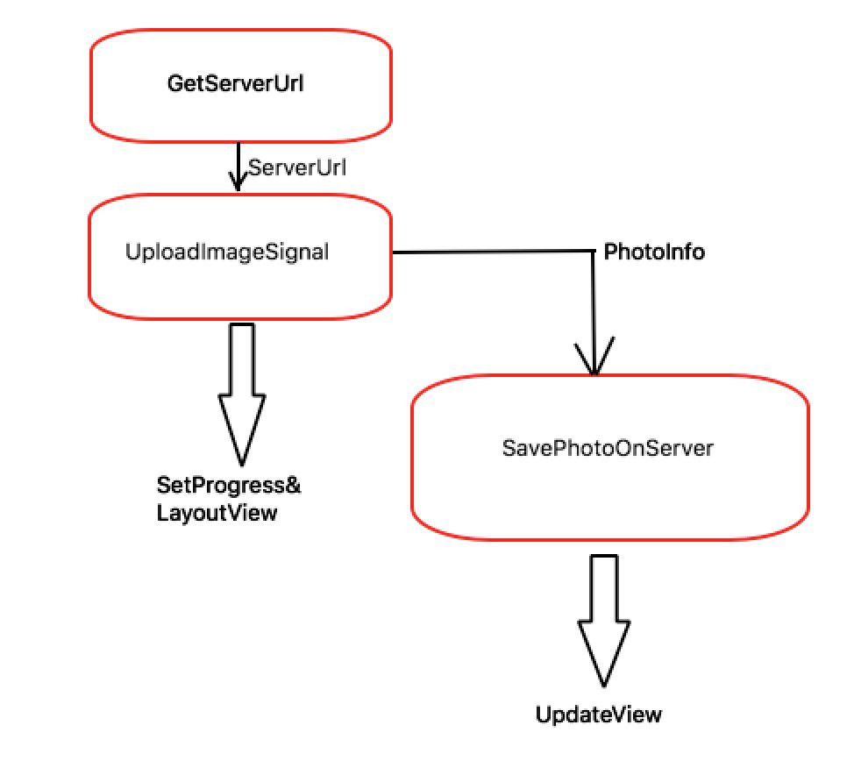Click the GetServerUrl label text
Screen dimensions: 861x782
click(x=235, y=83)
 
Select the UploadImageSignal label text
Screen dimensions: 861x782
click(x=227, y=252)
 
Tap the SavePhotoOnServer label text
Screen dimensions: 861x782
click(x=608, y=448)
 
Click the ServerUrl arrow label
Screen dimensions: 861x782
click(x=297, y=167)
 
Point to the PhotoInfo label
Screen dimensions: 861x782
click(x=654, y=252)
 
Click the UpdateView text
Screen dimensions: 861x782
click(x=599, y=714)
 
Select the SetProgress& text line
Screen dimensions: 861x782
click(x=229, y=485)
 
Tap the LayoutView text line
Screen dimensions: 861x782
click(x=217, y=513)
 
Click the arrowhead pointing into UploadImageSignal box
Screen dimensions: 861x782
click(x=238, y=181)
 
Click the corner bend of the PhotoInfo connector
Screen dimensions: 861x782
click(x=593, y=252)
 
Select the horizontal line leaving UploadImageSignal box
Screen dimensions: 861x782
click(x=493, y=252)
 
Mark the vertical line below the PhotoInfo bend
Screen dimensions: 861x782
click(x=594, y=313)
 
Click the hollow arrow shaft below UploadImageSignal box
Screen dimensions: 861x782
click(x=242, y=359)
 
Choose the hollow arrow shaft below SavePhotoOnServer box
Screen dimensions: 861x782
click(x=604, y=588)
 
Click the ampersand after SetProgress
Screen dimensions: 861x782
click(x=293, y=485)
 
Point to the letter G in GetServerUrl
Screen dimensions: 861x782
click(x=175, y=83)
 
